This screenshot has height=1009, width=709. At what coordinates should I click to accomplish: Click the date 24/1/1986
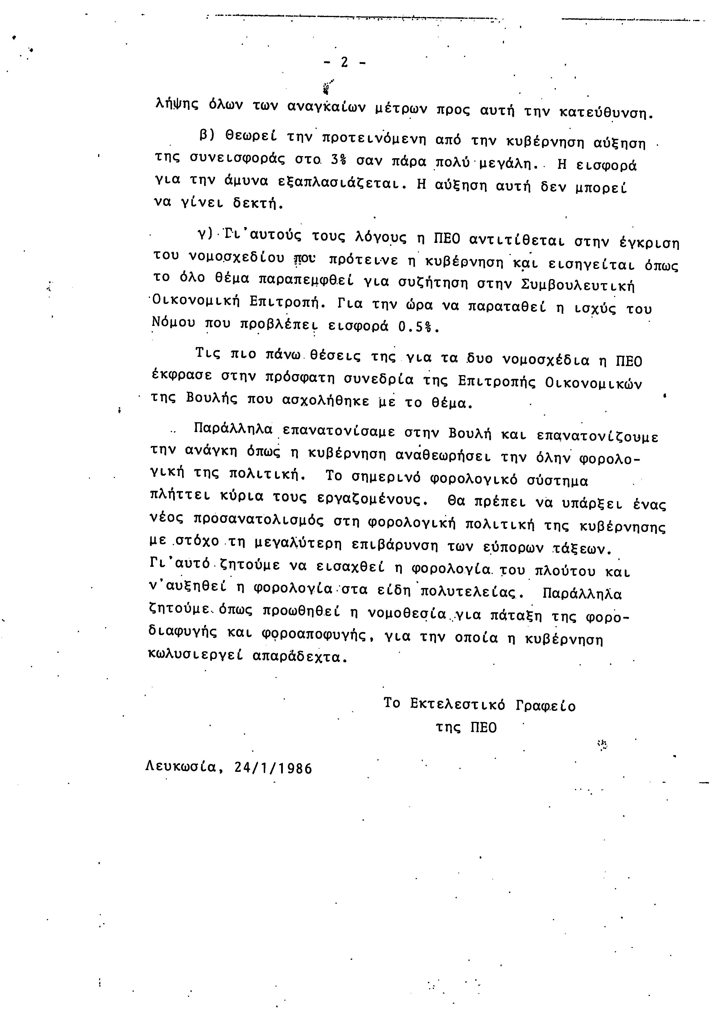(x=273, y=768)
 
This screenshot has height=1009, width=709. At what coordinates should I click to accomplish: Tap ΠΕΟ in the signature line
(x=483, y=728)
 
